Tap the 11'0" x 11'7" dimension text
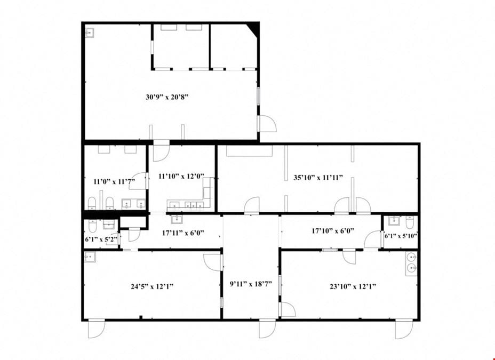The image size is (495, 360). coord(114,181)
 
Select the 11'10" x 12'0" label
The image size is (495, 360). coord(181,176)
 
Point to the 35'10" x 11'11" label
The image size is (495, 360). coord(318,178)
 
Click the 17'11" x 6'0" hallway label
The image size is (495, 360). coord(183,233)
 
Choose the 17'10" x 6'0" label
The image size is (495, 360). coord(333,230)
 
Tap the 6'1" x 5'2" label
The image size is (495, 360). coord(101,239)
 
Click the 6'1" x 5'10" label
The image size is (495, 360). coord(401,236)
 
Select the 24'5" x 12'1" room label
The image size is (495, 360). coord(152,286)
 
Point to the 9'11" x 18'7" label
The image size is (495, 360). coord(251,284)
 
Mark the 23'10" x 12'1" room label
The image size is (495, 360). coord(353,286)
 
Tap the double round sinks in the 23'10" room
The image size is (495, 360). coord(412,263)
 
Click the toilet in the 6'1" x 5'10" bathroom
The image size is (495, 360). coord(410,222)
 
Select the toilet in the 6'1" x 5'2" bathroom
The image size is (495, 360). coord(92,225)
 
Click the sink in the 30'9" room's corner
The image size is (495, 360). coord(89,33)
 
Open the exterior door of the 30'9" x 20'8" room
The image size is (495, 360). coord(267,123)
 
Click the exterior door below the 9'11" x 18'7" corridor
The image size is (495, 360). coord(267,329)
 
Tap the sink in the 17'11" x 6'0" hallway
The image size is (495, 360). coord(177,219)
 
